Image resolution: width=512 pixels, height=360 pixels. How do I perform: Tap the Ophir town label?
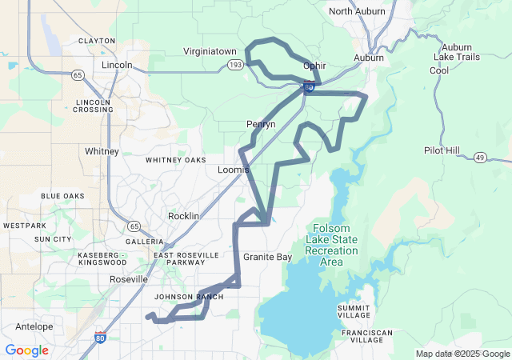coord(314,66)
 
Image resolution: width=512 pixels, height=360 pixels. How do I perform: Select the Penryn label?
coord(261,125)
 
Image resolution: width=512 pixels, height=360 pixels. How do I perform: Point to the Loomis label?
coord(234,170)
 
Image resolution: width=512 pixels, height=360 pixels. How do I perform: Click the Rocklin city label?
coord(184,216)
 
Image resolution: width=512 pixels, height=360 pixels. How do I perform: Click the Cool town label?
coord(439,70)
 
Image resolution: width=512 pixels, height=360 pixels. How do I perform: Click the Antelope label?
coord(34,326)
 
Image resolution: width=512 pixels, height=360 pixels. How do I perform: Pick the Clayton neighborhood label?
coord(96,40)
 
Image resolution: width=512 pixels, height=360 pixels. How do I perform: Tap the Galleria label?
coord(144,241)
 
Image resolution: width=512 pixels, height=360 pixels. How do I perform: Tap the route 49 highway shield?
coord(480,158)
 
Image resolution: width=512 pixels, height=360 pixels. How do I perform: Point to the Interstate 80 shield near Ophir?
coord(308,87)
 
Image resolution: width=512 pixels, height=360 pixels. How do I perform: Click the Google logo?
coord(26,350)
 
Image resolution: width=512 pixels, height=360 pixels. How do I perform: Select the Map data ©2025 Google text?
coord(462,354)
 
